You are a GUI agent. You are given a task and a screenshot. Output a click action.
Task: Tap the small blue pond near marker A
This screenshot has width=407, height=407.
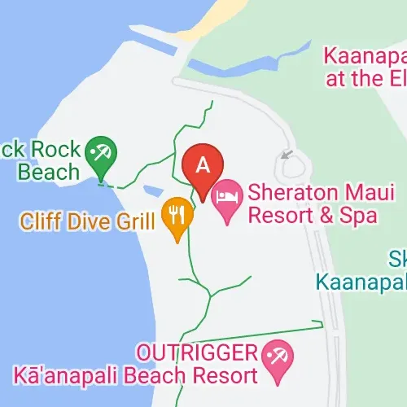(x=151, y=191)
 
